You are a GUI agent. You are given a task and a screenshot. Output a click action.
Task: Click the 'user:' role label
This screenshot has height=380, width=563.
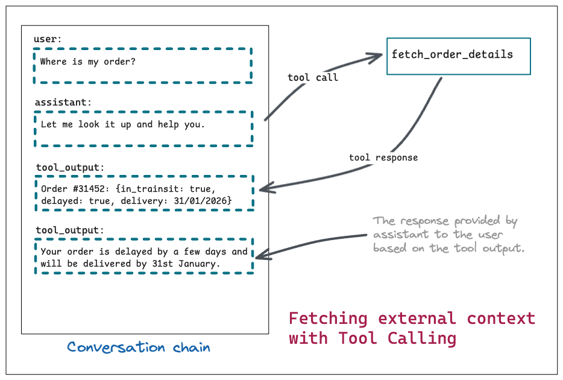click(48, 39)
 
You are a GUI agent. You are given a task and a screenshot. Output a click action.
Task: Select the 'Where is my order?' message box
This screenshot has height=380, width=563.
click(143, 65)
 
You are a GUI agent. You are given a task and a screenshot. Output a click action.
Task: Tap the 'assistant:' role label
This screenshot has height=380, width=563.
click(63, 103)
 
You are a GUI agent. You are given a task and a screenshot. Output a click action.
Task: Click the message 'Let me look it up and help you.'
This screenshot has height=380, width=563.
click(123, 125)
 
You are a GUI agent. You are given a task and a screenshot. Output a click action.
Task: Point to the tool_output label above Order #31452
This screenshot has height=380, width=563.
click(69, 166)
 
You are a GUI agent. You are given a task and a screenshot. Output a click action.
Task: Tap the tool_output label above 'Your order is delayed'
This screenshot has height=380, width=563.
click(69, 230)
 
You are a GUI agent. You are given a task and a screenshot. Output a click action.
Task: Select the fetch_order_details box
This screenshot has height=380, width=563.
click(458, 55)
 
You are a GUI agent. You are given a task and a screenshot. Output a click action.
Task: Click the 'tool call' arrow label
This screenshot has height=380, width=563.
click(313, 77)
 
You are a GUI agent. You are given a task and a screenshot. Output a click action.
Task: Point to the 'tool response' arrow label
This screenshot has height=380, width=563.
click(383, 157)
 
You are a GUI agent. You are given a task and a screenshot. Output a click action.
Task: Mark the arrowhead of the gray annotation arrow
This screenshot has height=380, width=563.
click(263, 256)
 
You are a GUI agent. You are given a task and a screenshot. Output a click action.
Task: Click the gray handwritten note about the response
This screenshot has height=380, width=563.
click(447, 235)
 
